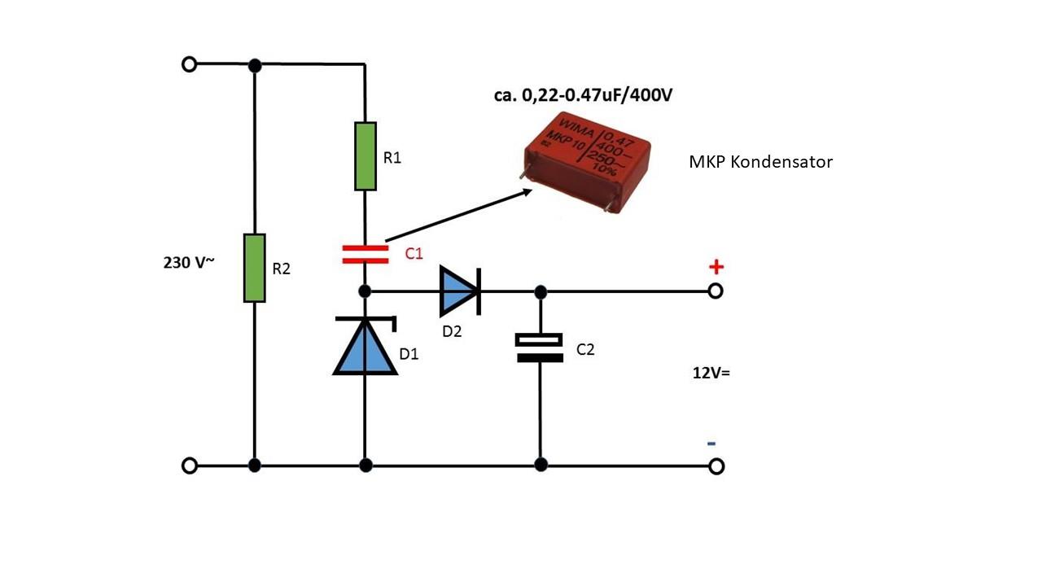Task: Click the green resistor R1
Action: click(366, 156)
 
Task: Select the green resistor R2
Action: click(255, 269)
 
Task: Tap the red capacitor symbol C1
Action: click(366, 255)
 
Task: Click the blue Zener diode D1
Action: click(366, 346)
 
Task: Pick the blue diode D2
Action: click(460, 291)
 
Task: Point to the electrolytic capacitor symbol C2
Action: click(539, 348)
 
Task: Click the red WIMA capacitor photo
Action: click(587, 162)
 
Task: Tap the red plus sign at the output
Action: click(716, 267)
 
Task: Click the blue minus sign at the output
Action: click(711, 444)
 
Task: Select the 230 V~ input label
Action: click(189, 263)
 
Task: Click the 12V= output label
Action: click(711, 373)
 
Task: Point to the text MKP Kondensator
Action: click(760, 162)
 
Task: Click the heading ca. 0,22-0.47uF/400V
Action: click(583, 95)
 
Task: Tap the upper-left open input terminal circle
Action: click(190, 64)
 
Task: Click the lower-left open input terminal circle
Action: click(190, 466)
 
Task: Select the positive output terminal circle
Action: click(716, 291)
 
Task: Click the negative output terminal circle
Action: click(716, 466)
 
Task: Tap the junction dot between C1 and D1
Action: click(366, 291)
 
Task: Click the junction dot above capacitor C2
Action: click(540, 292)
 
